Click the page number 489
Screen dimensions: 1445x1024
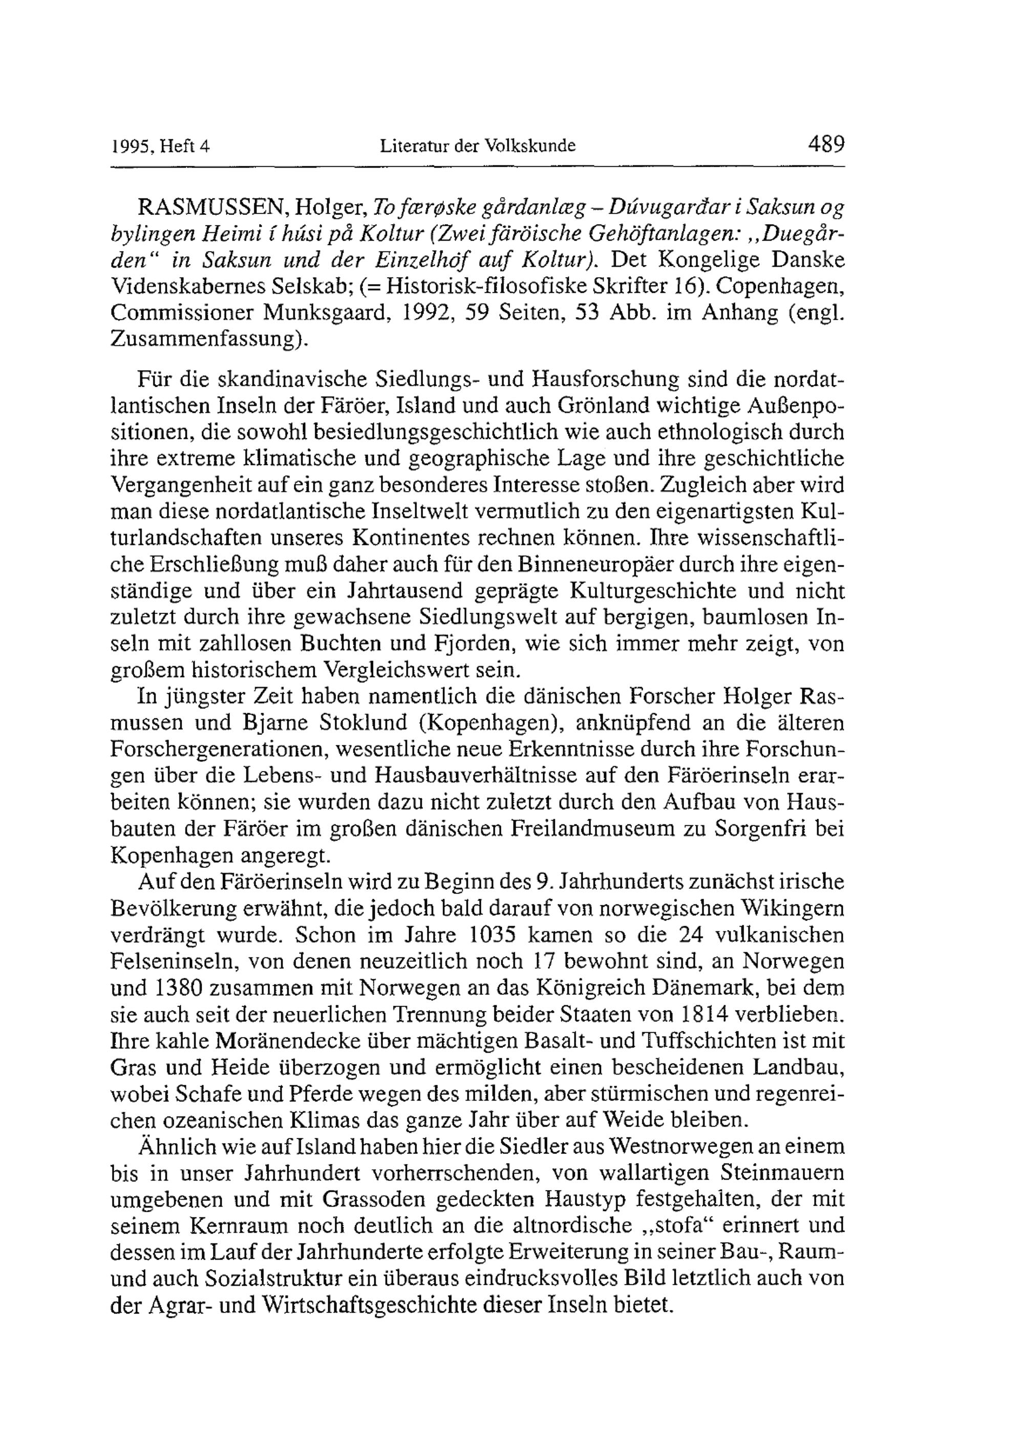click(x=825, y=145)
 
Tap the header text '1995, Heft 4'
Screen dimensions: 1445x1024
click(x=160, y=147)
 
